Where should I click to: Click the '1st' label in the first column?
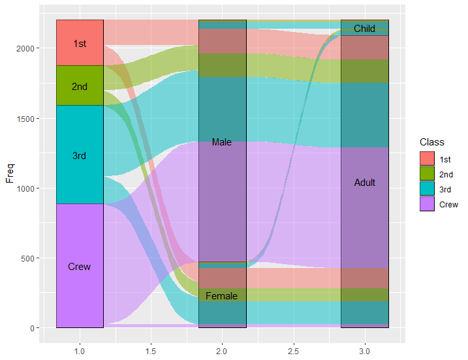pos(80,44)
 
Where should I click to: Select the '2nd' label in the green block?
pos(80,86)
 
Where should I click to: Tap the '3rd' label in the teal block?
pos(80,156)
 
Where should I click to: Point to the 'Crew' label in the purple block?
pos(80,267)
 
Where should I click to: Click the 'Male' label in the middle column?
pos(222,142)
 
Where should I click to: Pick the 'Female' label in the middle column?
pos(222,296)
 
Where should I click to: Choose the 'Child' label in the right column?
pos(365,29)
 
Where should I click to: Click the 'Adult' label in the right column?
pos(365,183)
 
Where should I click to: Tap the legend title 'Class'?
pos(431,142)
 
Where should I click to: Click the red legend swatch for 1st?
pos(427,159)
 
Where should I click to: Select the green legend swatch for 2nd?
pos(427,174)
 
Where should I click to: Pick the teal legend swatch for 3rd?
pos(427,189)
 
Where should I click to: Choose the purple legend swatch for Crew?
pos(427,204)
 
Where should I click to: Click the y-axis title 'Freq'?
pos(10,173)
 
